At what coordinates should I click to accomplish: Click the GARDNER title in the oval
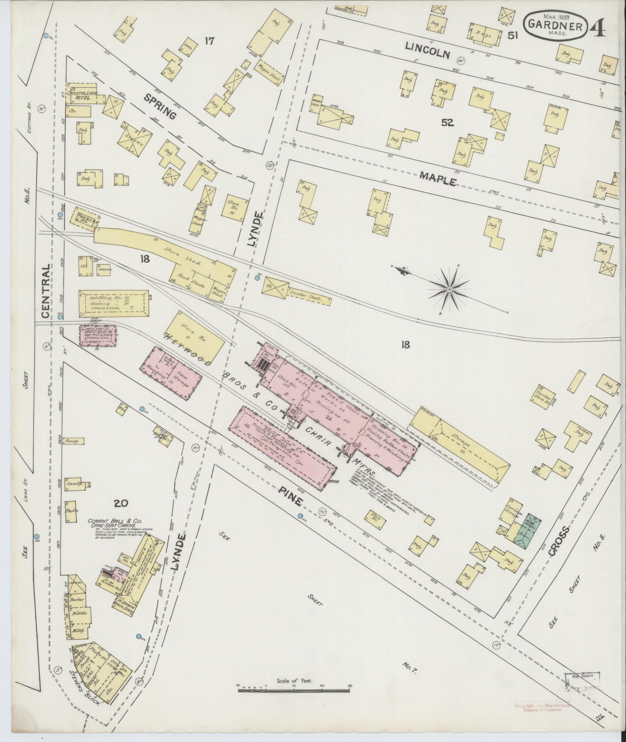click(555, 26)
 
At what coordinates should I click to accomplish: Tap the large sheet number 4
click(598, 26)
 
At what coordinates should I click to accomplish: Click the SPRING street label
click(160, 106)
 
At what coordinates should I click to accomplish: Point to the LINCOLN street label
click(428, 50)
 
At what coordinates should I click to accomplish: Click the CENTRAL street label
click(46, 291)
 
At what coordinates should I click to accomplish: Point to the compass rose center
click(449, 289)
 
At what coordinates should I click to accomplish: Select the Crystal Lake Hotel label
click(81, 96)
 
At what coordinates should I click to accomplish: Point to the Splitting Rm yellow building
click(113, 303)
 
